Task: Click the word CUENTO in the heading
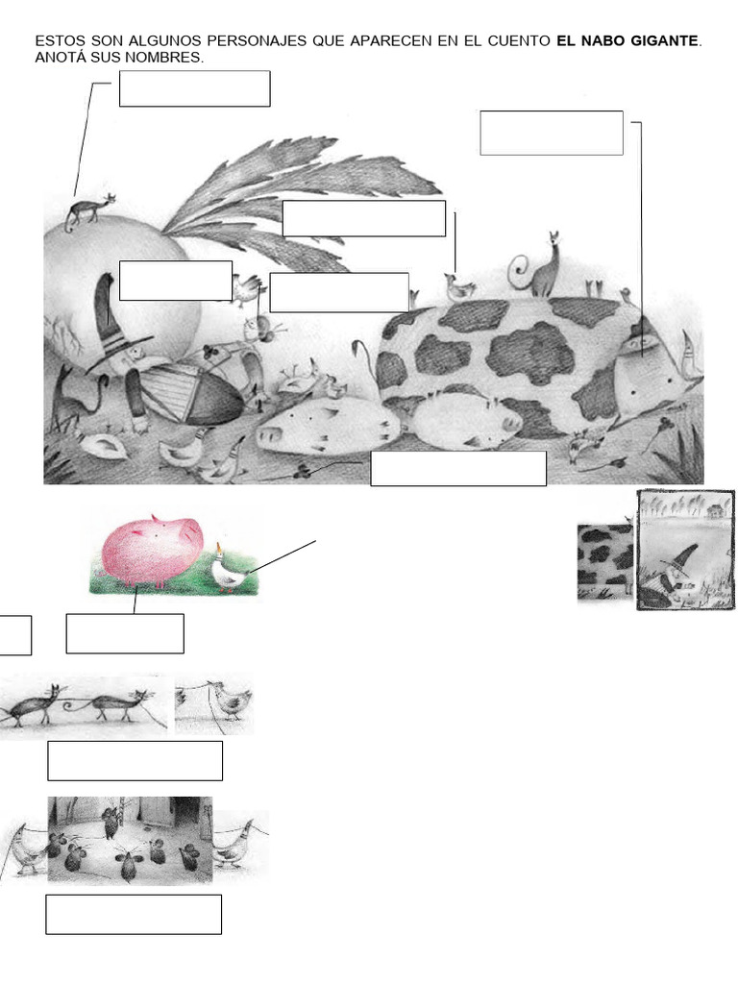(x=518, y=41)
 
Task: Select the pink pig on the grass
(x=153, y=550)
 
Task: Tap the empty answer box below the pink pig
(x=125, y=633)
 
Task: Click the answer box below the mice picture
(x=134, y=915)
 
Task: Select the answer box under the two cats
(x=135, y=761)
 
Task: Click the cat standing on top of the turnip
(x=89, y=211)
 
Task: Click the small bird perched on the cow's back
(x=459, y=287)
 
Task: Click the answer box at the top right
(x=552, y=133)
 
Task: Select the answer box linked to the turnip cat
(x=194, y=88)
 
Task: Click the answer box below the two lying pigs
(x=458, y=468)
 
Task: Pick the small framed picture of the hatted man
(x=685, y=551)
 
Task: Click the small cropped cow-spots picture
(x=606, y=563)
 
